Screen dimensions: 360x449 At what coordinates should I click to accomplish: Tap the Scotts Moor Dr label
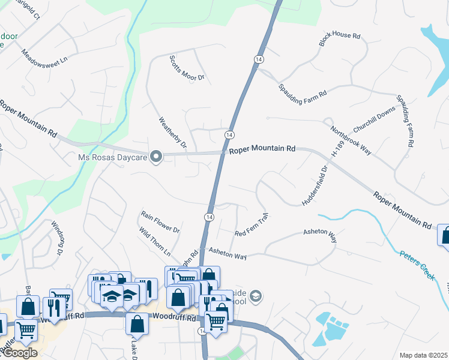coord(187,68)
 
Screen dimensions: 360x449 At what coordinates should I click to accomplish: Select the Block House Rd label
coord(340,40)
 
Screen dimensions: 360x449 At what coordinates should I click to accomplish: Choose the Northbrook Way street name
coord(351,140)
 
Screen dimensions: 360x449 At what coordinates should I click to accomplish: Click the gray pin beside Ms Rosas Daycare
coord(156,157)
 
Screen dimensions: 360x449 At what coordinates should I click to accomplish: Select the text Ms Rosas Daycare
coord(113,158)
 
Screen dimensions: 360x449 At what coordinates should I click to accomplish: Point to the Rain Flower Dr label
coord(160,221)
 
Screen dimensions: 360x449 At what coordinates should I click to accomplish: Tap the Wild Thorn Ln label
coord(155,241)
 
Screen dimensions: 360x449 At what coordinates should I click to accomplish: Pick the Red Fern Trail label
coord(250,224)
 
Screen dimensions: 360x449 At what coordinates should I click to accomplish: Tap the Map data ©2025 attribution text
coord(423,355)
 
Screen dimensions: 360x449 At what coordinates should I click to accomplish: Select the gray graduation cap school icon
coord(256,296)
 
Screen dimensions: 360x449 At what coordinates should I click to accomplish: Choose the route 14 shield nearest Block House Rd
coord(258,59)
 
